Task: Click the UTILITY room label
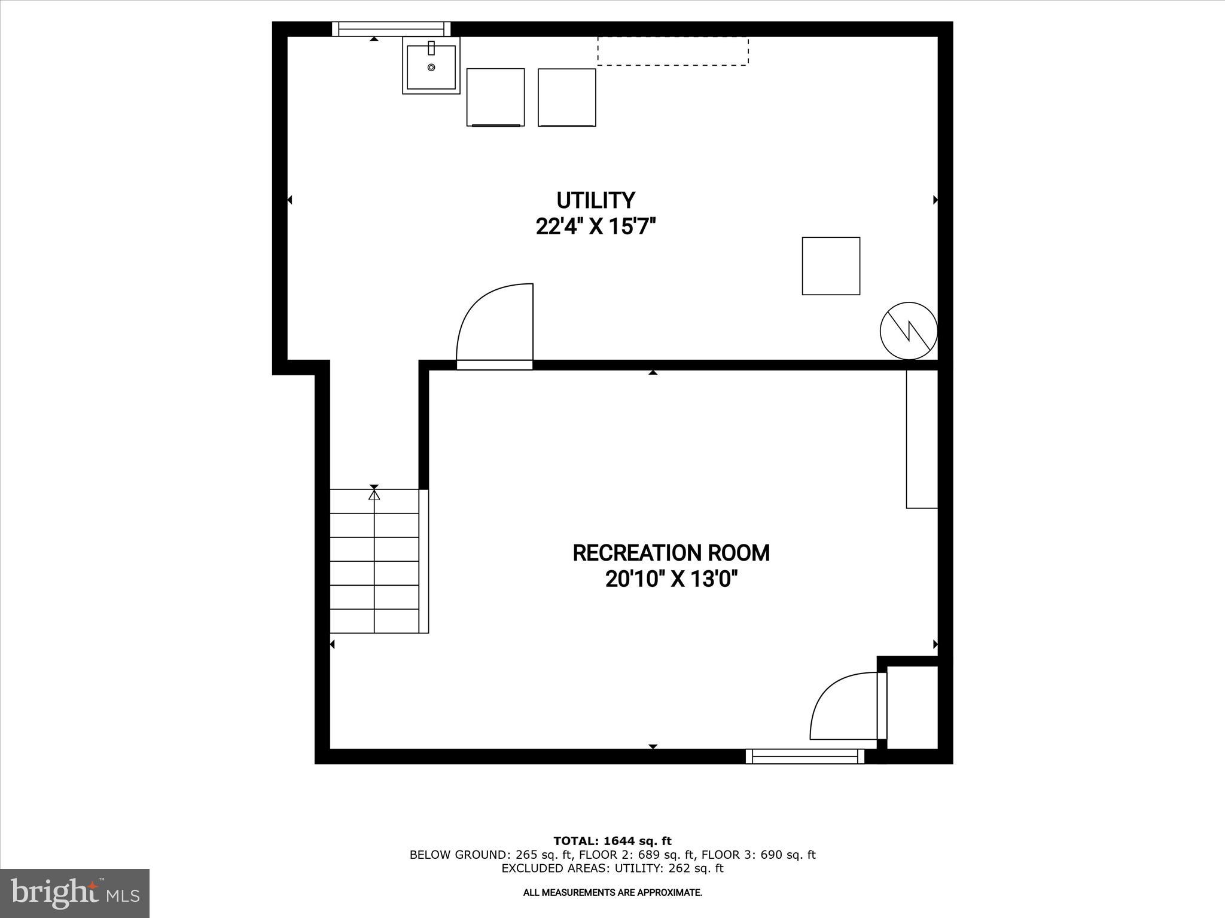[595, 200]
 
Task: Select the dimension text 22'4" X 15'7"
[596, 227]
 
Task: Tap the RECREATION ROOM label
[671, 553]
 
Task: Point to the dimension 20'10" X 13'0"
[671, 580]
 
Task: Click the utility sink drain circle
[431, 68]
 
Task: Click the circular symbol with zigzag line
[908, 331]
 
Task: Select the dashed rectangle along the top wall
[672, 51]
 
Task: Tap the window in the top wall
[391, 29]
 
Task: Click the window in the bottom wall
[805, 757]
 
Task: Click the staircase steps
[374, 561]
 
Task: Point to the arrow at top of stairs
[374, 494]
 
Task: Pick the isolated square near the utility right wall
[831, 266]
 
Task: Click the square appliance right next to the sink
[495, 97]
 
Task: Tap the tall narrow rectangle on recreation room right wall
[921, 439]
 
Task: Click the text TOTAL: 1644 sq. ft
[612, 841]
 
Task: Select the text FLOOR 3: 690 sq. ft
[758, 855]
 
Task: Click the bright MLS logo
[75, 893]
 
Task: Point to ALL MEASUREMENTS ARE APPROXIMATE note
[612, 892]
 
